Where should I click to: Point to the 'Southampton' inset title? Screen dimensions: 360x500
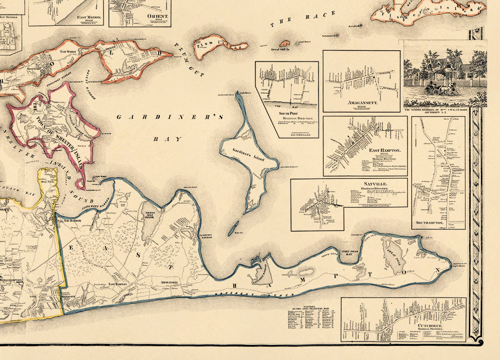pyautogui.click(x=430, y=223)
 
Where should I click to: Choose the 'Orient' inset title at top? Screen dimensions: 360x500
pyautogui.click(x=157, y=16)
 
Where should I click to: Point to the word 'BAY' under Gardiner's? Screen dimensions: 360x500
pyautogui.click(x=161, y=139)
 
